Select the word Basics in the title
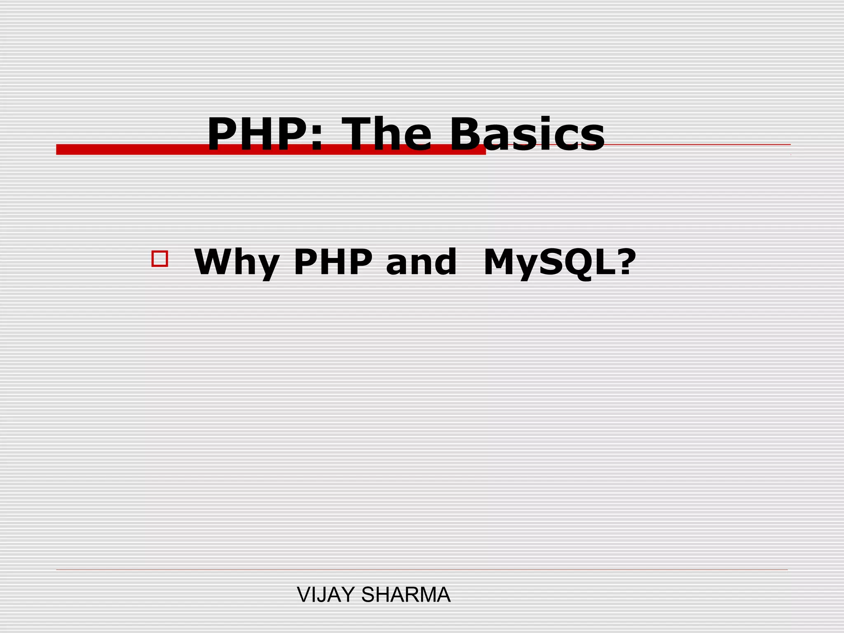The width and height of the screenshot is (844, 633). [527, 135]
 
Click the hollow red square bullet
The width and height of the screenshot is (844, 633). [159, 259]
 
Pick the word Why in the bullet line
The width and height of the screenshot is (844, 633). [237, 263]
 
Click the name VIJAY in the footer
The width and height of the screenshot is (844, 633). [326, 595]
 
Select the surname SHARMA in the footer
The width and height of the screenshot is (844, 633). [406, 595]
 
